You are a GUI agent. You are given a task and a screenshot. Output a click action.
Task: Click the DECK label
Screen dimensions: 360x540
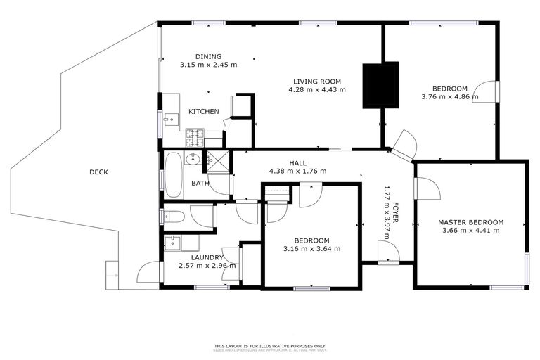click(x=98, y=172)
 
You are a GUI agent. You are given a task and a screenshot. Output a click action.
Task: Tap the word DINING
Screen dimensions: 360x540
click(x=208, y=56)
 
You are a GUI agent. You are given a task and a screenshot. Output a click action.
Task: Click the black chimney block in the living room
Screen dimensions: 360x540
click(x=380, y=86)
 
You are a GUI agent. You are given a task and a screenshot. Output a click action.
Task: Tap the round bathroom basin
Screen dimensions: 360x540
click(x=193, y=160)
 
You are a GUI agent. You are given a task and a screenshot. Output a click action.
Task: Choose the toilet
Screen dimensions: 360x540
click(x=174, y=216)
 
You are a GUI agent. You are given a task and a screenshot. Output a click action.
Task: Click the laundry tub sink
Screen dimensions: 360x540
click(x=173, y=243)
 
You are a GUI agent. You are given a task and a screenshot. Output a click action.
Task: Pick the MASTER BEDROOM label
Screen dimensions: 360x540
click(x=470, y=221)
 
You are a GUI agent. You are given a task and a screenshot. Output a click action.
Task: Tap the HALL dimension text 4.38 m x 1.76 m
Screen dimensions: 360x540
click(x=297, y=172)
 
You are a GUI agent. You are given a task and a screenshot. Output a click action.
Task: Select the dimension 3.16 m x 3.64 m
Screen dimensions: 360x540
click(x=311, y=248)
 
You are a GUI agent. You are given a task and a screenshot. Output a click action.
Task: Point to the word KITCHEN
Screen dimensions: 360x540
click(x=203, y=112)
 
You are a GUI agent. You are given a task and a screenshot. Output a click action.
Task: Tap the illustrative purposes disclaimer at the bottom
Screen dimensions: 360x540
click(x=269, y=346)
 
